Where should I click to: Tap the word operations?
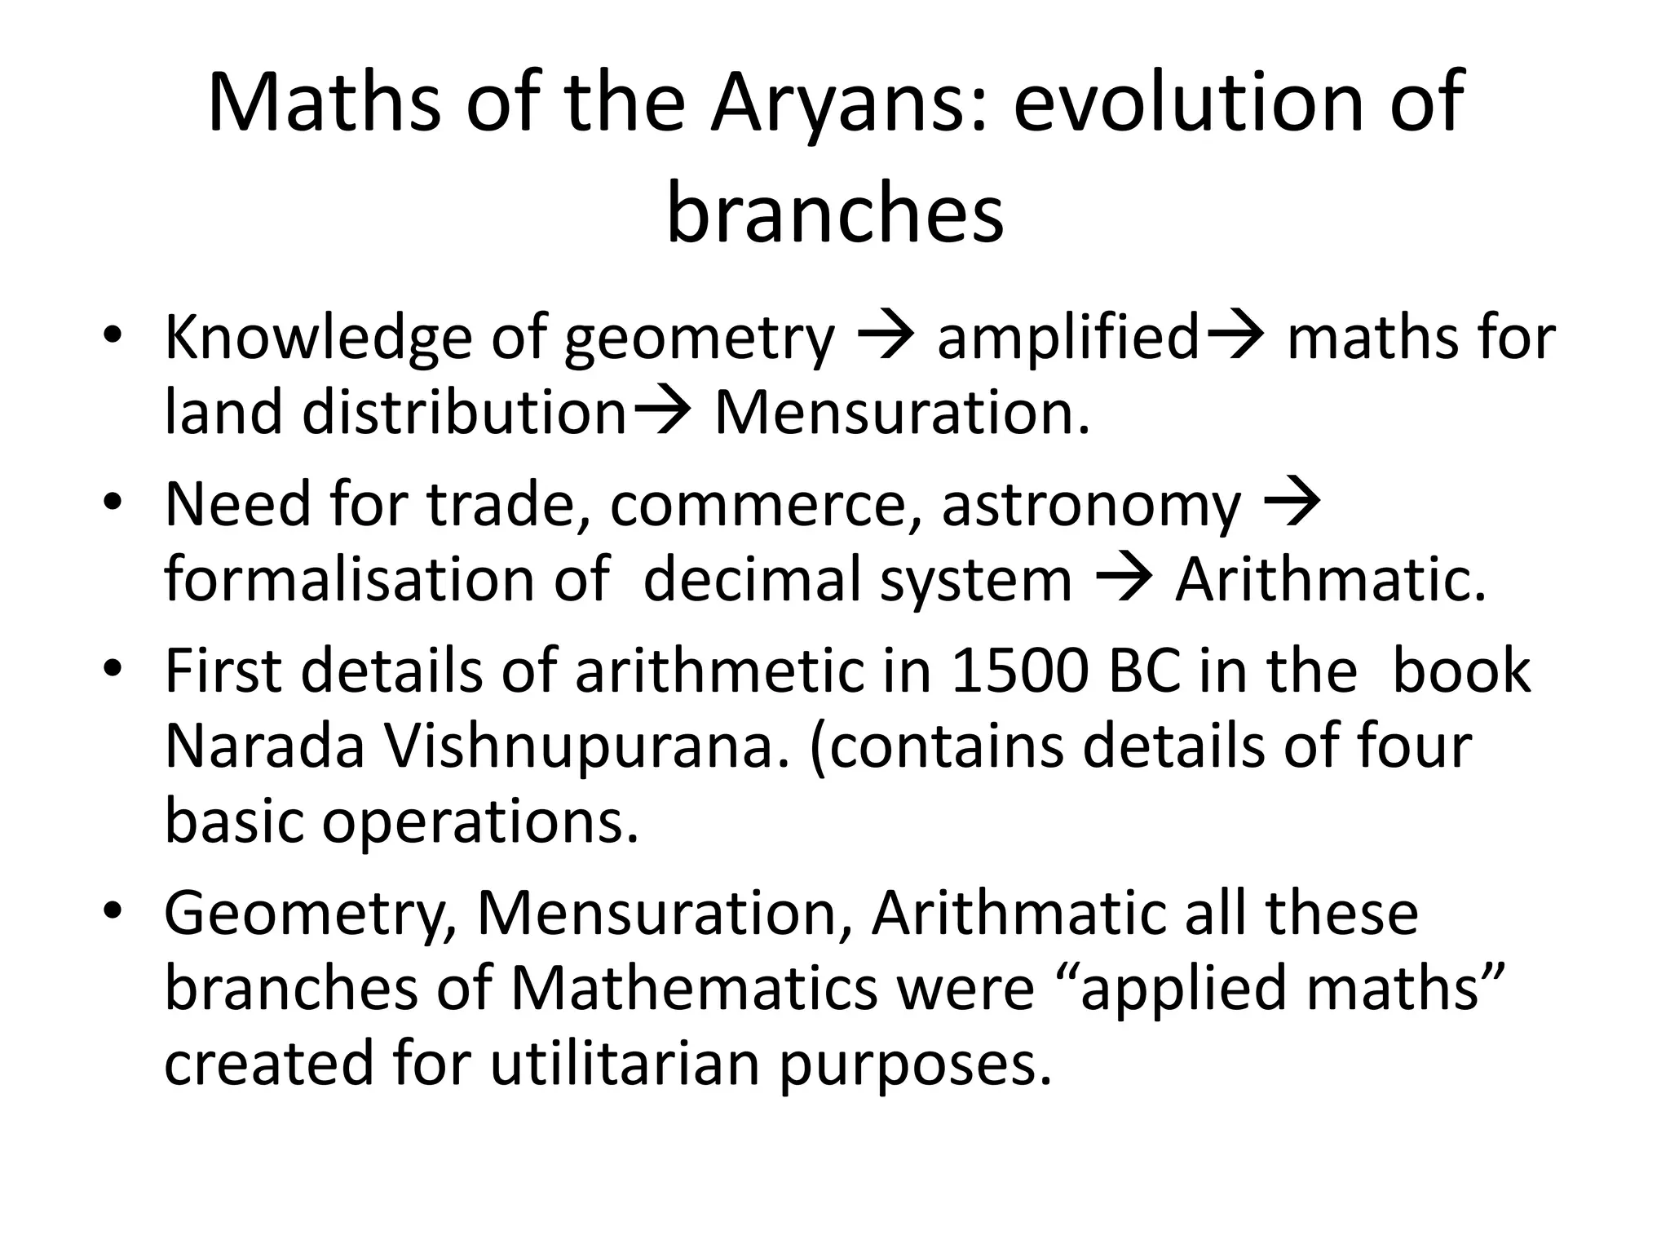[480, 822]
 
